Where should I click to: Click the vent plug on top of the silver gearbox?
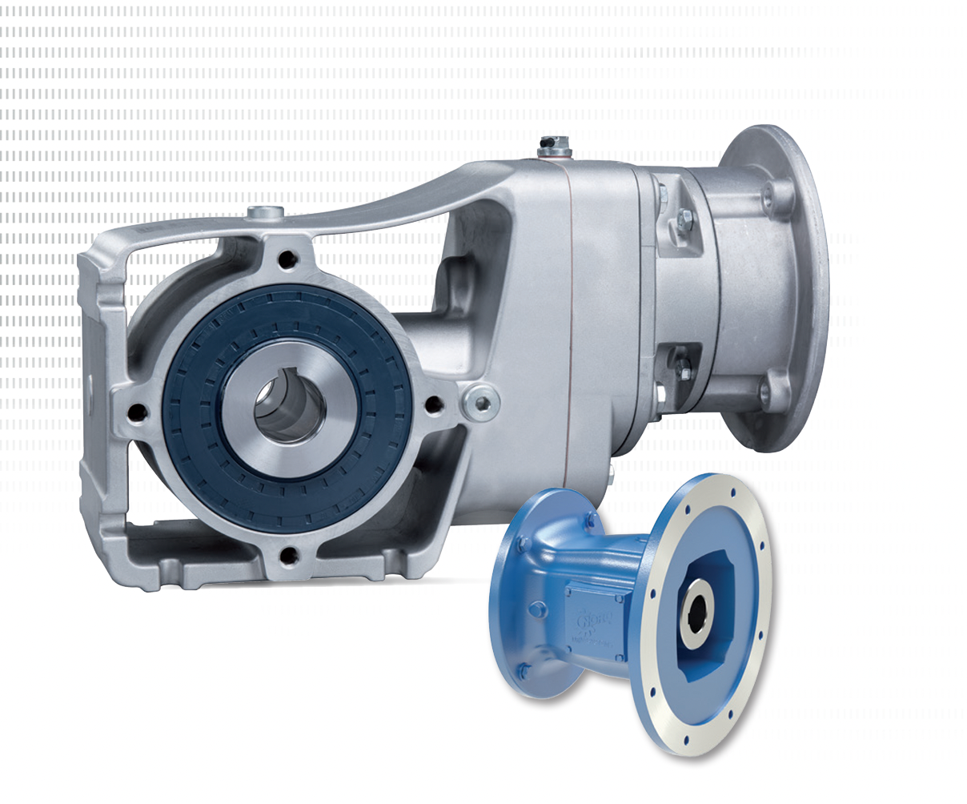coord(550,145)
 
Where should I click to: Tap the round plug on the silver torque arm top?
coord(264,212)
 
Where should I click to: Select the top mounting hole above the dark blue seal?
coord(284,260)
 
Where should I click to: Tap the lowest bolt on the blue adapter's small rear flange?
coord(524,669)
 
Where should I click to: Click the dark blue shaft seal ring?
coord(192,400)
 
